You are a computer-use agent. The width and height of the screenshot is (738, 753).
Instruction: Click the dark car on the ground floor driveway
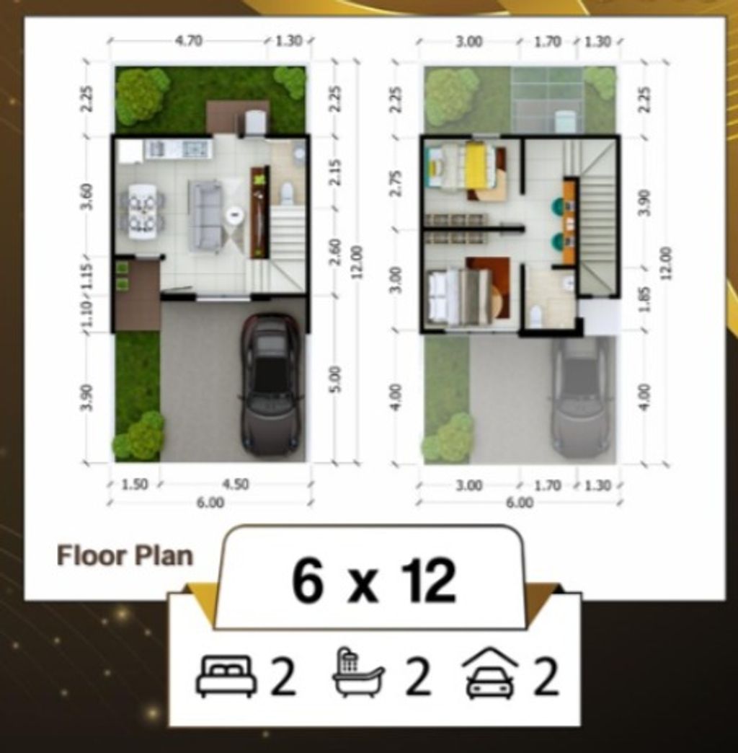click(x=272, y=384)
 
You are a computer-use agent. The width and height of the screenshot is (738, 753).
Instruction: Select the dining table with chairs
click(x=142, y=211)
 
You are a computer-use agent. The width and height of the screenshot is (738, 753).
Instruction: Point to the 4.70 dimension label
click(x=189, y=41)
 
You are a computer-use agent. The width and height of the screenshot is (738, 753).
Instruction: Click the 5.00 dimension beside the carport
click(x=335, y=379)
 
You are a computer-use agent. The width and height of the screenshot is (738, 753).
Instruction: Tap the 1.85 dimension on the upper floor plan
click(x=645, y=299)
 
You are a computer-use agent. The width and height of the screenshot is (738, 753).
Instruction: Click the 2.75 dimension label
click(x=396, y=183)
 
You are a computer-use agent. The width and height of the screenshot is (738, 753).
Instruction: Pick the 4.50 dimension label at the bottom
click(x=236, y=484)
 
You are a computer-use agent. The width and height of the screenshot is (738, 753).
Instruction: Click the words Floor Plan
click(x=125, y=555)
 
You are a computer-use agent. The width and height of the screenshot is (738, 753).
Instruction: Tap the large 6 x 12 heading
click(x=374, y=580)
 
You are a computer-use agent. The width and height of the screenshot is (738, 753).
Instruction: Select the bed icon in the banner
click(x=225, y=676)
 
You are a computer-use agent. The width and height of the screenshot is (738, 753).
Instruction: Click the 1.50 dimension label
click(x=135, y=484)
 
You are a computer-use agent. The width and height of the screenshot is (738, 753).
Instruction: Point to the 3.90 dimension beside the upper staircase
click(x=645, y=203)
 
